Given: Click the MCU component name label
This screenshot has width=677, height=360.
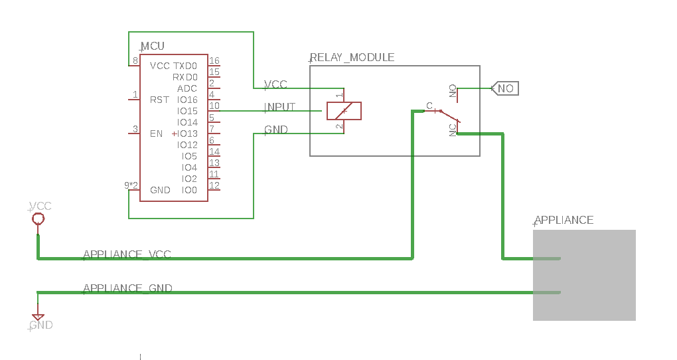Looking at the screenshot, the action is click(x=153, y=46).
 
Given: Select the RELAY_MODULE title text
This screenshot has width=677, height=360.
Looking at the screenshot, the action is click(x=352, y=58).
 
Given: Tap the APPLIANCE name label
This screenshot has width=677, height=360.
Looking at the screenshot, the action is click(x=564, y=221).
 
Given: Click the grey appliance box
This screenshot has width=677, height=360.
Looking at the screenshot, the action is click(x=584, y=275).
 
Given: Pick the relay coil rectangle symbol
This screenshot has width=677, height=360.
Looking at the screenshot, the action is click(x=344, y=111).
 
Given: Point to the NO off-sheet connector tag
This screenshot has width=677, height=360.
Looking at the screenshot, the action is click(x=505, y=88).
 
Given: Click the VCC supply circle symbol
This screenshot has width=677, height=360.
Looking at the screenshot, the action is click(x=38, y=219).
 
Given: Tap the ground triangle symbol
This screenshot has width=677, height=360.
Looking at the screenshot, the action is click(x=38, y=317).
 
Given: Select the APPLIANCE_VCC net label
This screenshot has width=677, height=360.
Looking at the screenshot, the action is click(x=127, y=254).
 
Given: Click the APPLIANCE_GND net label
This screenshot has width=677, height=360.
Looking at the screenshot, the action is click(x=128, y=288).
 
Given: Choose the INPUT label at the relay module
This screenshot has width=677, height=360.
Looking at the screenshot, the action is click(x=280, y=107).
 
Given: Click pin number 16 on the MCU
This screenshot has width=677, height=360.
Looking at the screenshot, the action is click(x=214, y=60).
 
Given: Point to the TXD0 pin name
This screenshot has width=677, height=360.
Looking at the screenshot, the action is click(x=185, y=66).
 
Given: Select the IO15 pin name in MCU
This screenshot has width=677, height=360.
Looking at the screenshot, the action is click(x=187, y=111).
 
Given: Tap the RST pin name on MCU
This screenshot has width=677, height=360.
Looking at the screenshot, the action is click(x=159, y=100).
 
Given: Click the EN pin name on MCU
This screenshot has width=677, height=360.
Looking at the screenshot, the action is click(x=156, y=134).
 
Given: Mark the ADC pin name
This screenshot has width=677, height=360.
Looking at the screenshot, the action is click(x=187, y=88).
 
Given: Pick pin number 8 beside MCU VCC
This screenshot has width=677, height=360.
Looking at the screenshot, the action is click(x=135, y=60).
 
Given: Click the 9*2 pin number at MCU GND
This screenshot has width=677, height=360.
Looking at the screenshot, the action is click(x=131, y=185).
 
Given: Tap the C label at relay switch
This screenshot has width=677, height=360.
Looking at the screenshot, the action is click(x=429, y=106).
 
